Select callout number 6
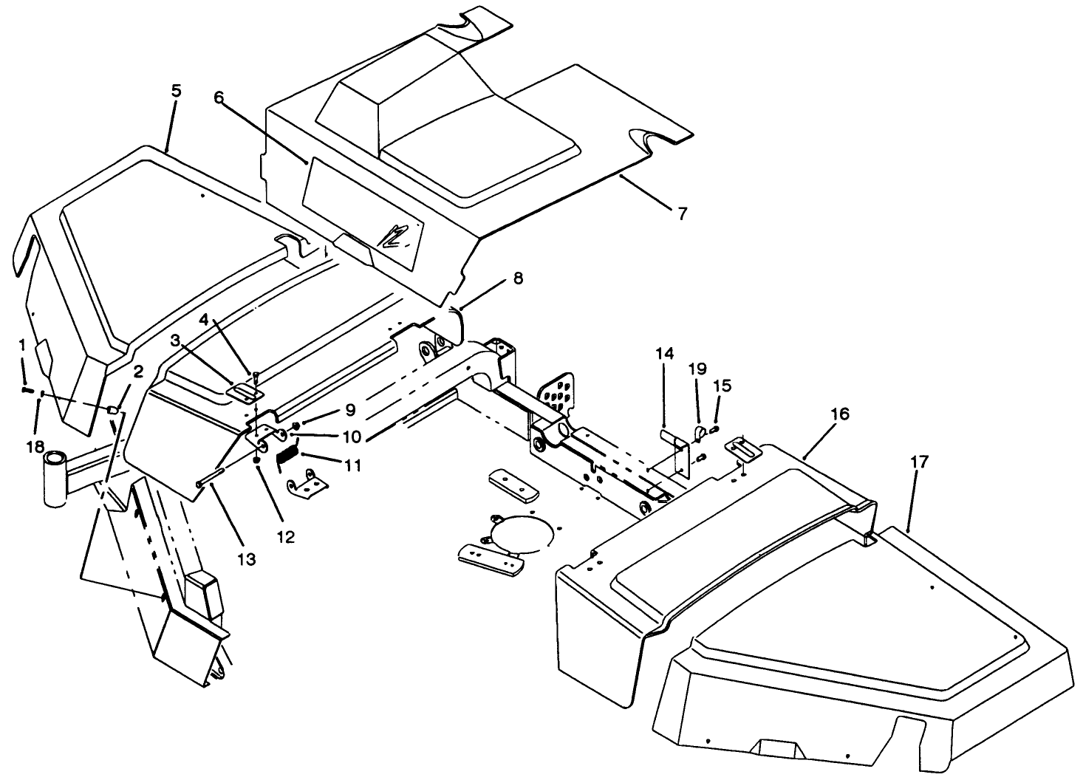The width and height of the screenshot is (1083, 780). pos(218,97)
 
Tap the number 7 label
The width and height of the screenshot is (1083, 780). pos(682,213)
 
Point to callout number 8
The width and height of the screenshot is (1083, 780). pos(517,278)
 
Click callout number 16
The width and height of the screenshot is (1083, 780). pos(839,414)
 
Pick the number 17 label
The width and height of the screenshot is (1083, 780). pos(919,462)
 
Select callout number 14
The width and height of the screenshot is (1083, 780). pos(665,354)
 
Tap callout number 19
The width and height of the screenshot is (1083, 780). pos(698,369)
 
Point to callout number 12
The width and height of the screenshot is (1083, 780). pos(285,537)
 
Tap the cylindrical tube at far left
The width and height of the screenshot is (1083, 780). pos(55,480)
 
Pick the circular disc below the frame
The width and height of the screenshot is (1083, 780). pos(521,530)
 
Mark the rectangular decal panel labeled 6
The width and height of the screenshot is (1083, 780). pos(362,214)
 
